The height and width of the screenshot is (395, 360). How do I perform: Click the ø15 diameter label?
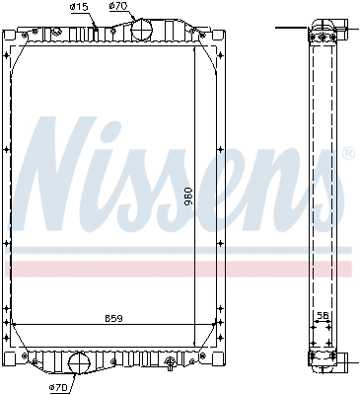coord(79,7)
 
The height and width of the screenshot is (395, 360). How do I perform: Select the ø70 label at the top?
coord(118,7)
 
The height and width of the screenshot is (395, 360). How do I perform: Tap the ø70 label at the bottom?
coord(59,387)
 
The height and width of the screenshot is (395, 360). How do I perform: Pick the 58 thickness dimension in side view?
coord(322,317)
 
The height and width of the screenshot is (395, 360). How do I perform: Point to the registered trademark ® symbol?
coord(347,153)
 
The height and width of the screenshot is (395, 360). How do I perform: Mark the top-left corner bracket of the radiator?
coord(14,41)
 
